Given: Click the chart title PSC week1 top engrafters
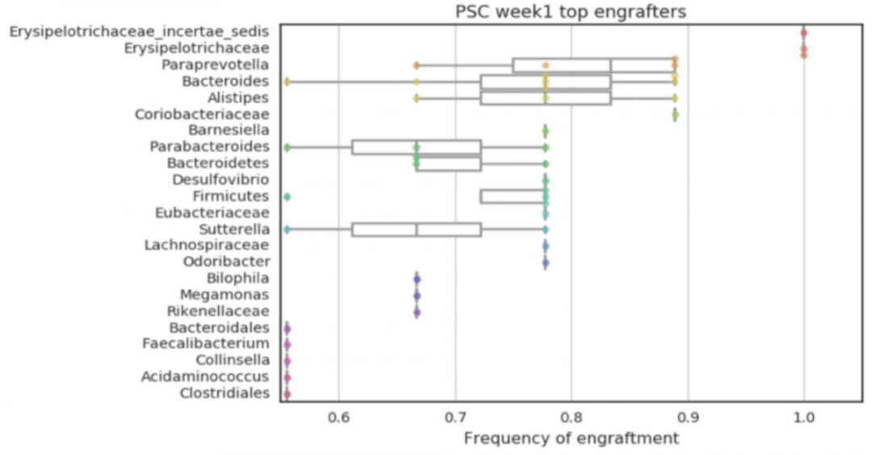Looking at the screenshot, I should pyautogui.click(x=571, y=12).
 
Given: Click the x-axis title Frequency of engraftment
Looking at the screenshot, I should pyautogui.click(x=571, y=438).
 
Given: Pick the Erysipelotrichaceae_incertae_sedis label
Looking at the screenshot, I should pyautogui.click(x=140, y=32).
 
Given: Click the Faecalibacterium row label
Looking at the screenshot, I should pyautogui.click(x=206, y=344).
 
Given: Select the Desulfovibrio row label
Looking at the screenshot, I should pyautogui.click(x=221, y=179).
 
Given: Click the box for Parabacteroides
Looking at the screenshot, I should pyautogui.click(x=417, y=147).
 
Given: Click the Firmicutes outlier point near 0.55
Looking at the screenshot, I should pyautogui.click(x=287, y=196).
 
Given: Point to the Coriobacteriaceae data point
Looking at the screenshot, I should pyautogui.click(x=675, y=115).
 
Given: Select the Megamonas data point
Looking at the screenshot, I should pyautogui.click(x=417, y=295).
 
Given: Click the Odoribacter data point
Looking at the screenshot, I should pyautogui.click(x=546, y=263).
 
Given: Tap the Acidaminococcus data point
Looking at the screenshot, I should pyautogui.click(x=287, y=377).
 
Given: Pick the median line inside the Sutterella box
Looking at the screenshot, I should pyautogui.click(x=417, y=230).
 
